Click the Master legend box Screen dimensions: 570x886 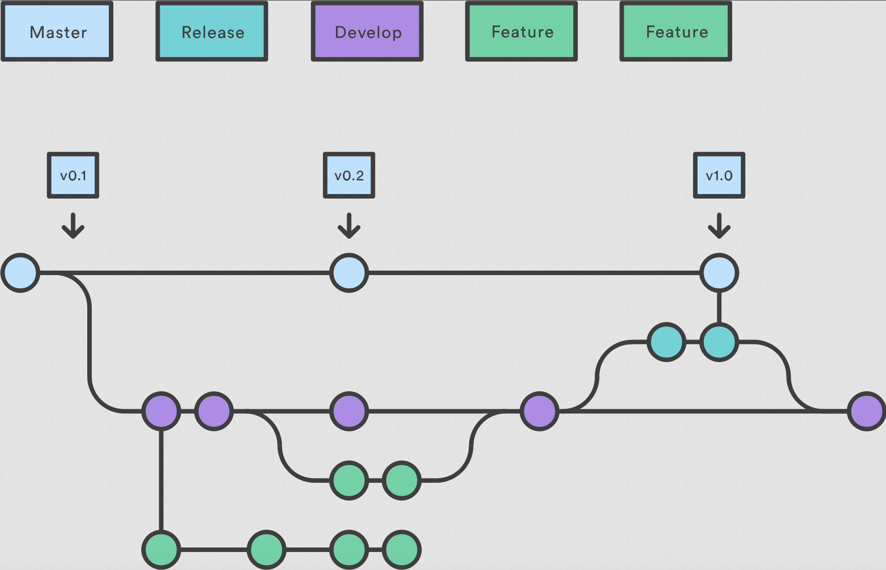tap(57, 32)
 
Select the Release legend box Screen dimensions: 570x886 tap(212, 32)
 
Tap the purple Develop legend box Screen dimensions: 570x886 tap(367, 32)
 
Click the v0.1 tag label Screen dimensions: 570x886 tap(73, 175)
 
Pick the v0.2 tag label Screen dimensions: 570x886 tap(349, 175)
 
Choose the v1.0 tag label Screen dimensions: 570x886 tap(719, 175)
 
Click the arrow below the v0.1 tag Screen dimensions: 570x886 tap(73, 226)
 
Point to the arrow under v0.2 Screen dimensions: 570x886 tap(349, 226)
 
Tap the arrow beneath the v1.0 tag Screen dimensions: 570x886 tap(719, 226)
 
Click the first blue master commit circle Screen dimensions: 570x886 tap(20, 273)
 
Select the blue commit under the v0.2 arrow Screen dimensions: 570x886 tap(349, 273)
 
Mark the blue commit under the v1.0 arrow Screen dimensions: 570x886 tap(719, 273)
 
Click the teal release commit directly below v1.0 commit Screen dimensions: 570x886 tap(719, 342)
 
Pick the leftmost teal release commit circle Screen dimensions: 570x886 tap(666, 342)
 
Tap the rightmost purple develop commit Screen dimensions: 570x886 tap(866, 411)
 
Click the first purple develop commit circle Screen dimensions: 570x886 tap(161, 411)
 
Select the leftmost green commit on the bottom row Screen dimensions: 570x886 tap(161, 549)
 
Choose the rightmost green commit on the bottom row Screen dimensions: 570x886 tap(402, 549)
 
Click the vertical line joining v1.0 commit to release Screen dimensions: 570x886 tap(719, 308)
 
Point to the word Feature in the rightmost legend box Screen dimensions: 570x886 tap(677, 32)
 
